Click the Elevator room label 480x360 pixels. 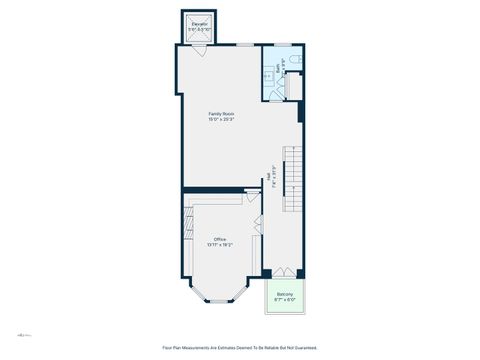199,22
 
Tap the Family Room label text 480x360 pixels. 221,114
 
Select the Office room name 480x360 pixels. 219,239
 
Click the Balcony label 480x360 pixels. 285,294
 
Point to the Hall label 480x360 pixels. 274,171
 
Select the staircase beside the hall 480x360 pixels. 291,180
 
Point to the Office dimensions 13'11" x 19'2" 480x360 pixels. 219,245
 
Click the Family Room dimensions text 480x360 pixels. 221,120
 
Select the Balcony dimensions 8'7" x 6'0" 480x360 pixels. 285,300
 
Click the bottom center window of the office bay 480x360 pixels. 220,301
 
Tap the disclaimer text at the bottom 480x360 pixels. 240,348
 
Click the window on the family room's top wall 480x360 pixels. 244,45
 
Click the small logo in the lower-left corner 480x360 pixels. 23,333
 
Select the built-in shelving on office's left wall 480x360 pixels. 187,240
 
